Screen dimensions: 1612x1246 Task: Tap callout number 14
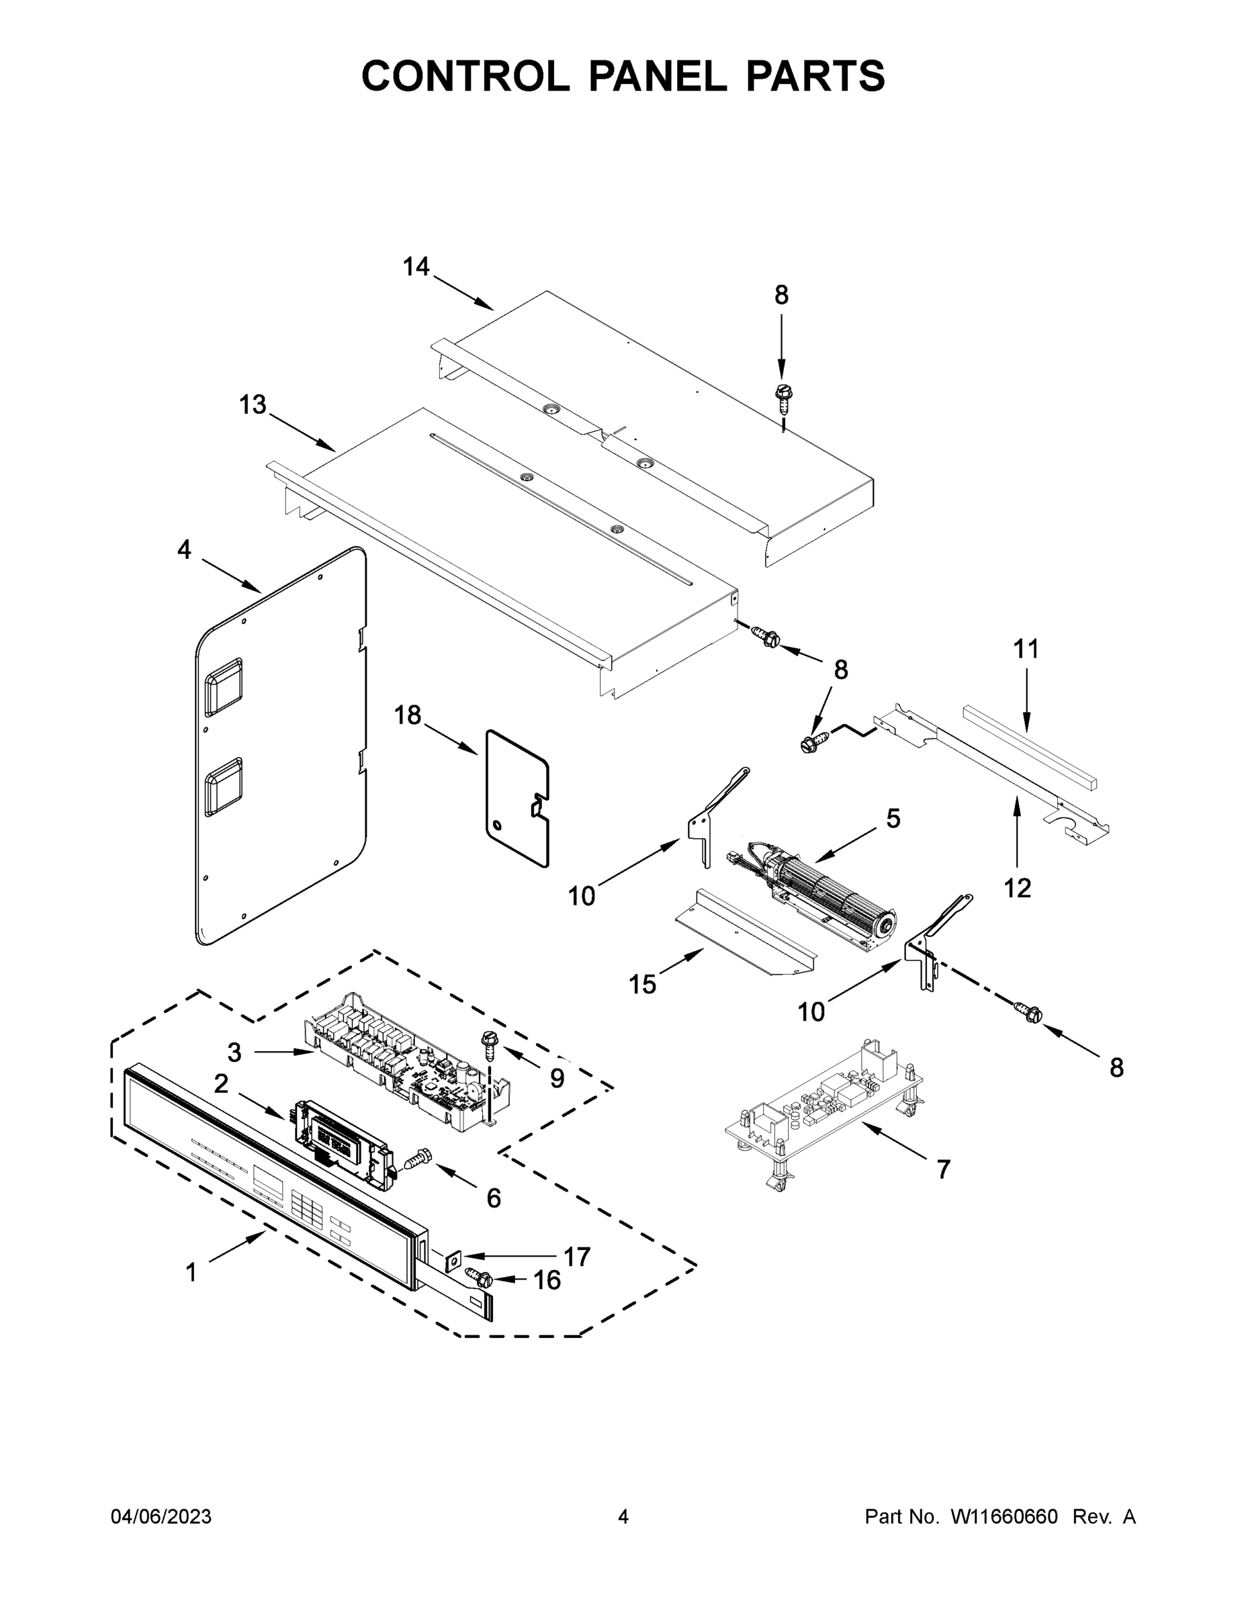[416, 267]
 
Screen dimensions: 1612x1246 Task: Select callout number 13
[253, 404]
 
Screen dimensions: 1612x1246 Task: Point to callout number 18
[407, 715]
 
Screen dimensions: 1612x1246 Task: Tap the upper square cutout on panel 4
[223, 686]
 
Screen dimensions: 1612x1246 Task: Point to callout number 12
[1017, 888]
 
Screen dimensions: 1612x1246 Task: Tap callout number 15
[642, 984]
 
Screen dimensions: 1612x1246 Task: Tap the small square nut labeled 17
[453, 1255]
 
